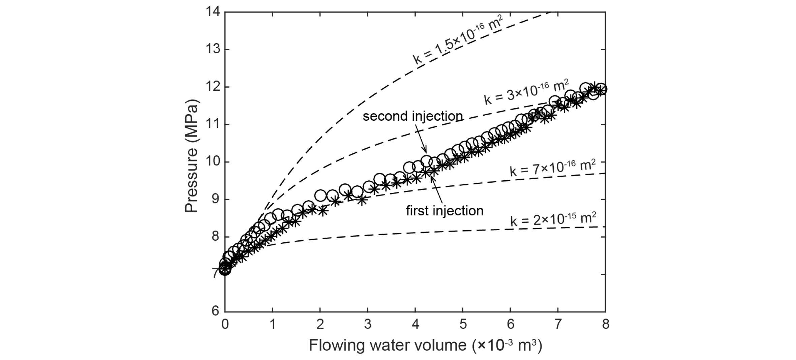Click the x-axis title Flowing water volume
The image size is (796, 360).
click(425, 345)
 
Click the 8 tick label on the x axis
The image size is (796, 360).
click(606, 324)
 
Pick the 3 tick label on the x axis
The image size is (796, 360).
click(368, 324)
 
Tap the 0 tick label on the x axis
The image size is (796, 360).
click(225, 324)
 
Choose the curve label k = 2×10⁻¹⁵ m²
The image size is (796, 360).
click(553, 220)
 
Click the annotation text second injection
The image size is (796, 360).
click(412, 116)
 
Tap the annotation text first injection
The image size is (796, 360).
click(445, 211)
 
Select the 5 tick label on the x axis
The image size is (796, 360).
click(463, 324)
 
